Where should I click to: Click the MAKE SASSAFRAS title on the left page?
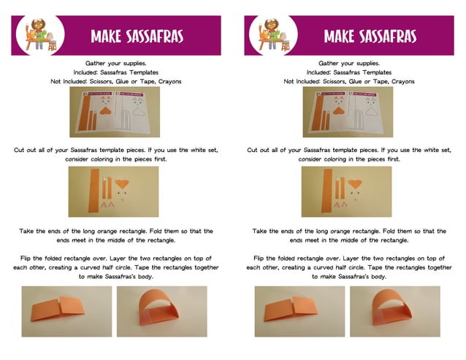point(137,36)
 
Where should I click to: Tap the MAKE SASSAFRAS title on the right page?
point(370,36)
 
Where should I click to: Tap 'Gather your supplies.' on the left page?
point(115,64)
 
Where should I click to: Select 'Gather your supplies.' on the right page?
point(348,64)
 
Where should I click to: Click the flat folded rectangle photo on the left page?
point(66,311)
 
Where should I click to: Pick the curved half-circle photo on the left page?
point(161,311)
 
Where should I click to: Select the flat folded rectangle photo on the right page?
point(299,311)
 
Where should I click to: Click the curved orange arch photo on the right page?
point(394,311)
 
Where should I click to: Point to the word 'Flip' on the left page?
point(27,258)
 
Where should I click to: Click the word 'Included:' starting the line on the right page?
point(320,72)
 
